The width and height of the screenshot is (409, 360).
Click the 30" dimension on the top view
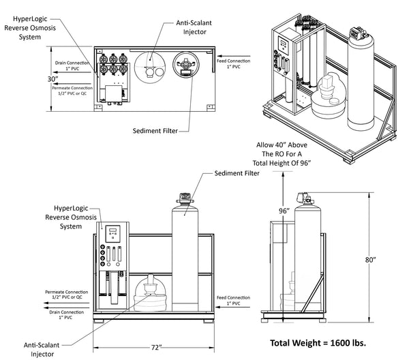(x=52, y=78)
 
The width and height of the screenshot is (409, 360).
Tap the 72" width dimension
(x=156, y=348)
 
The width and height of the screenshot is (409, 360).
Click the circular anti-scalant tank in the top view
(x=149, y=67)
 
